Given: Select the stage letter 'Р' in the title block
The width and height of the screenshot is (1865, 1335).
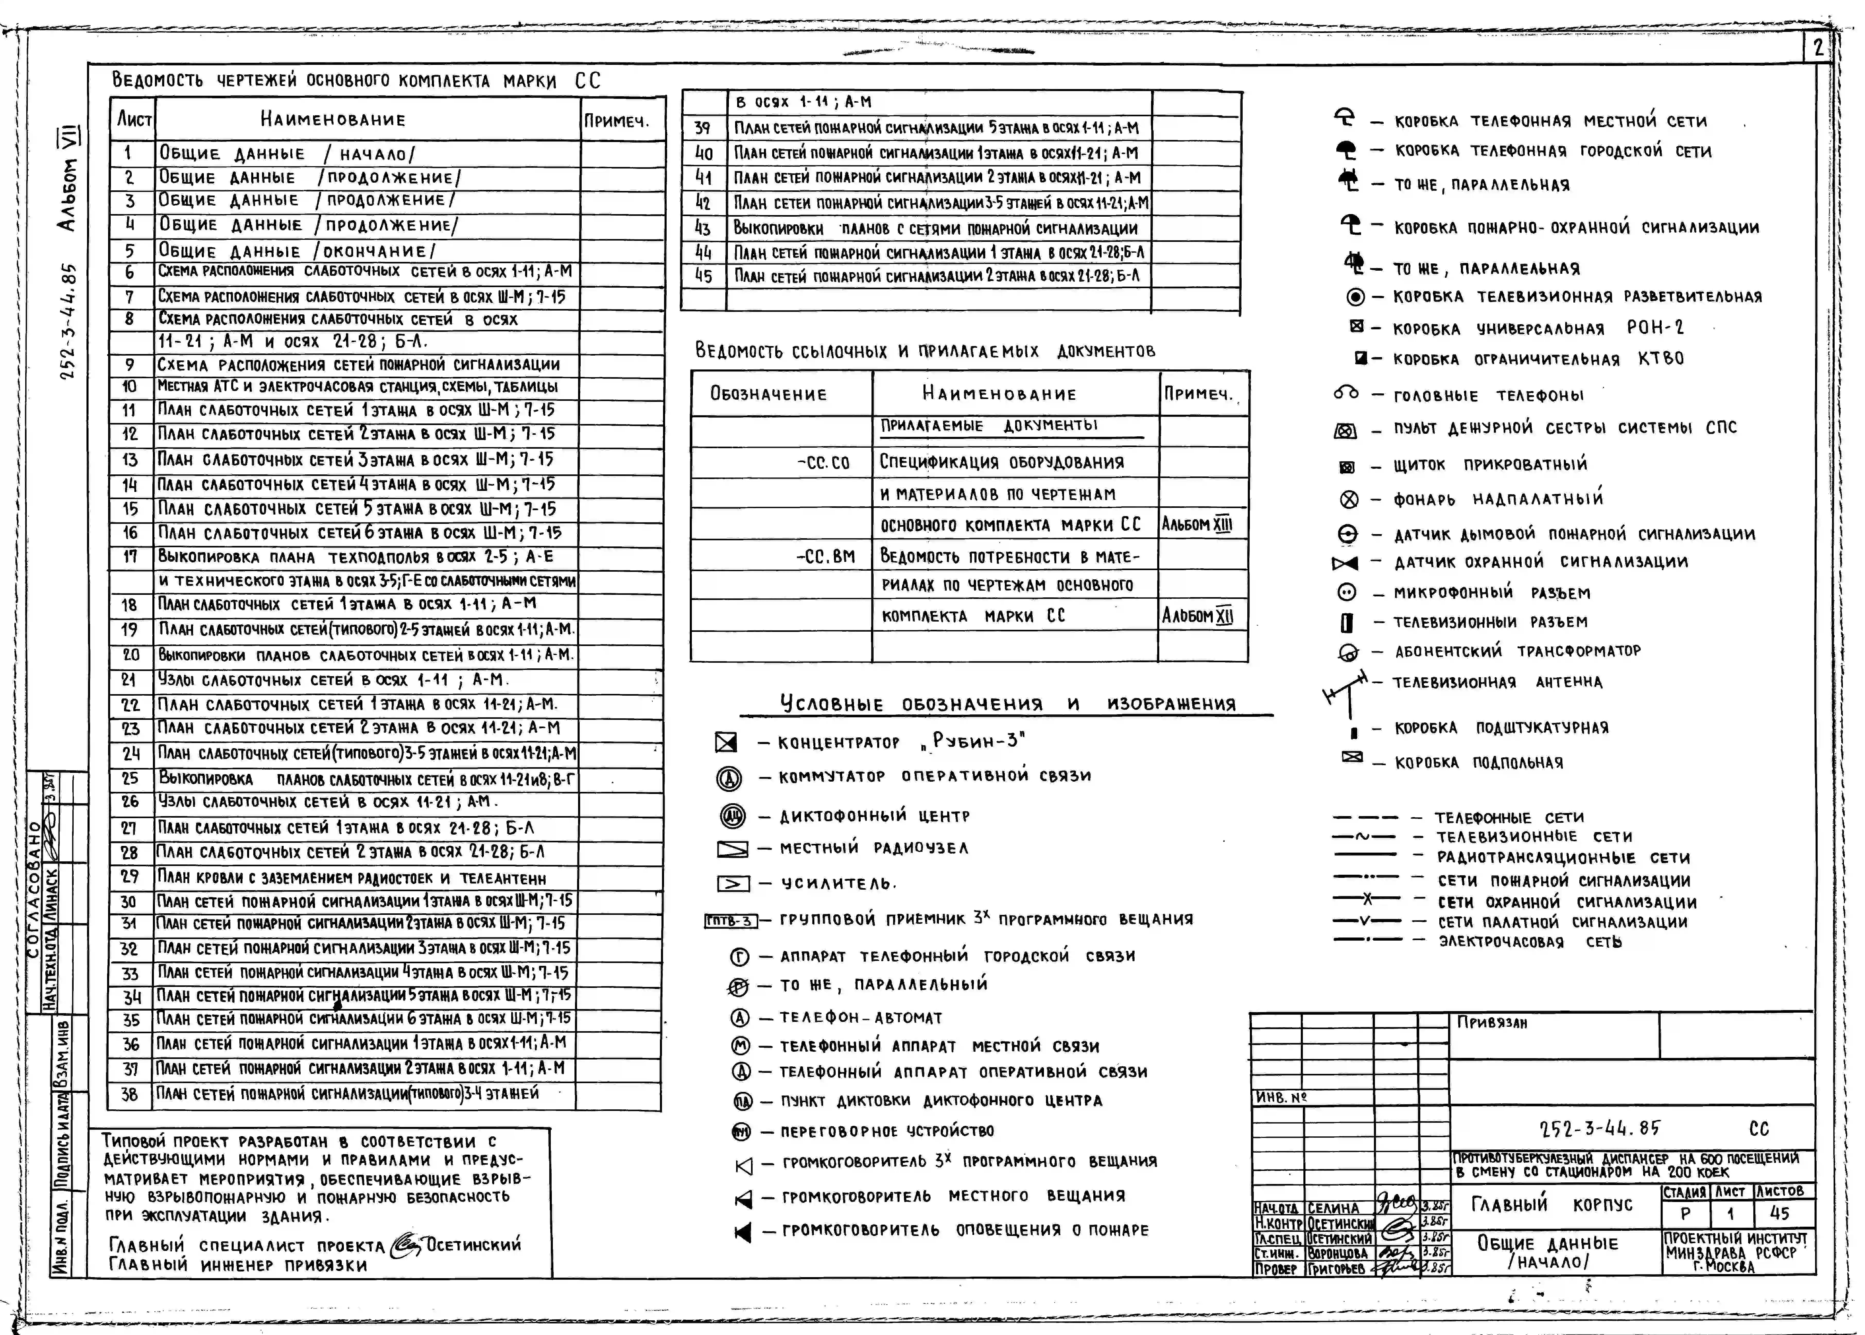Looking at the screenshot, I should [x=1686, y=1213].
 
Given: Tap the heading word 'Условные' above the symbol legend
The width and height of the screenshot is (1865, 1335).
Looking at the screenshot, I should [x=831, y=704].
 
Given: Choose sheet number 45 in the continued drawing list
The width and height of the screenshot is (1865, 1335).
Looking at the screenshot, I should [x=703, y=276].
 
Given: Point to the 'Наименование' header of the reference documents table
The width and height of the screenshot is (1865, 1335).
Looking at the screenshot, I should [x=999, y=394].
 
